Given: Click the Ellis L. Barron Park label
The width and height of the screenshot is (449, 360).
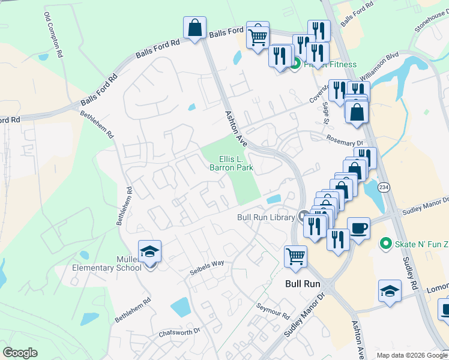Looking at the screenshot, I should pyautogui.click(x=231, y=164).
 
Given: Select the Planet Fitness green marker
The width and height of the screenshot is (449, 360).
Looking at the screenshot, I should pyautogui.click(x=294, y=64).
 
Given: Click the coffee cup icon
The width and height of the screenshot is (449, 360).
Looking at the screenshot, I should pyautogui.click(x=358, y=228).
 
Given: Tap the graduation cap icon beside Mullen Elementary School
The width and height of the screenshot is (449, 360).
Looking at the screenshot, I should pyautogui.click(x=149, y=251).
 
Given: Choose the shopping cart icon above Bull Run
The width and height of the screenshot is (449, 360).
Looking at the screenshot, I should pyautogui.click(x=295, y=256).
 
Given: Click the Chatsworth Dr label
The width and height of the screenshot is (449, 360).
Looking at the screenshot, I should pyautogui.click(x=178, y=332).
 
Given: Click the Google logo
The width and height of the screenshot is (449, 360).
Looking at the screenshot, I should pyautogui.click(x=20, y=353).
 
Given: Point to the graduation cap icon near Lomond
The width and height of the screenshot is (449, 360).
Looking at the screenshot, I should pyautogui.click(x=390, y=290).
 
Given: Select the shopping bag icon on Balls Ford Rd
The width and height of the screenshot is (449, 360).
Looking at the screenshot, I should pyautogui.click(x=194, y=28).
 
